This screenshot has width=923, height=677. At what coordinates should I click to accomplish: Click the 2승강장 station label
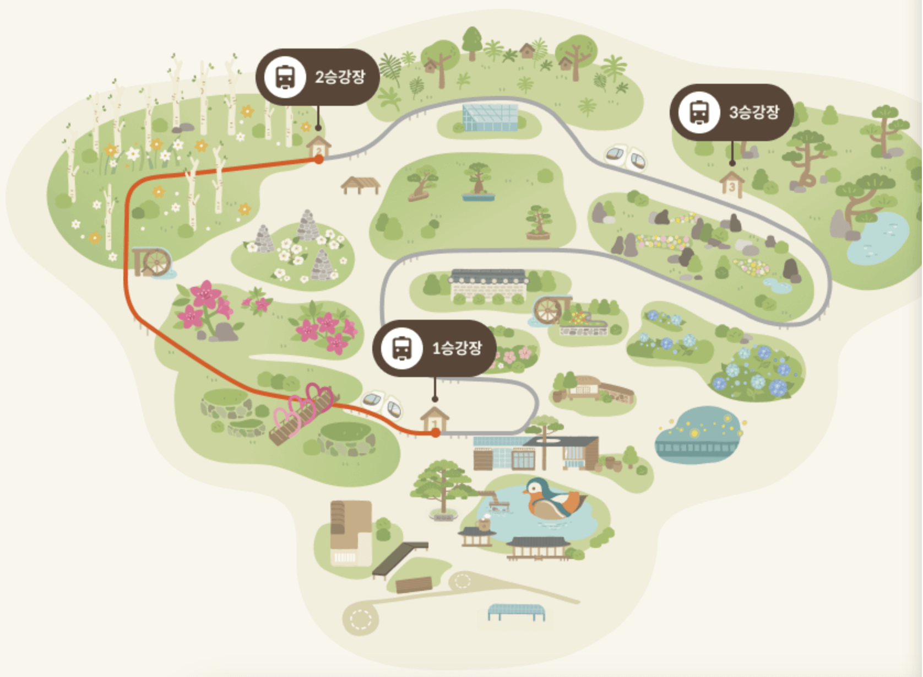(340, 77)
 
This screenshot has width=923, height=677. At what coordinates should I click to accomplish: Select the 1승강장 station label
(457, 348)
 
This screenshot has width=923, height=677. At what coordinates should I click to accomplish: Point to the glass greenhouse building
(490, 117)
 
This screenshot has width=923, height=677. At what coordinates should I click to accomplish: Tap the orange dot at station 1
(436, 433)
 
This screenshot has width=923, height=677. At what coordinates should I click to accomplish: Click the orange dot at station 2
(319, 159)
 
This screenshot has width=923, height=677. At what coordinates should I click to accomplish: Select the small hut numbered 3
(731, 184)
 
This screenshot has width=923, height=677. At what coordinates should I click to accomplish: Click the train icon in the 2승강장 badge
(284, 77)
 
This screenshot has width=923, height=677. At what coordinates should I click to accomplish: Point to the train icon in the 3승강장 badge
(699, 112)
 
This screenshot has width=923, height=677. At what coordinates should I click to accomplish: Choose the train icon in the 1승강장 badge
(401, 348)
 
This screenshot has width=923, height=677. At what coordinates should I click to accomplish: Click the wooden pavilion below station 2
(360, 184)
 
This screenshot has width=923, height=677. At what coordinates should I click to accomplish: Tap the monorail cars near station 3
(626, 157)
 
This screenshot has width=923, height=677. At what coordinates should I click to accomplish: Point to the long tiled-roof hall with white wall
(488, 285)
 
